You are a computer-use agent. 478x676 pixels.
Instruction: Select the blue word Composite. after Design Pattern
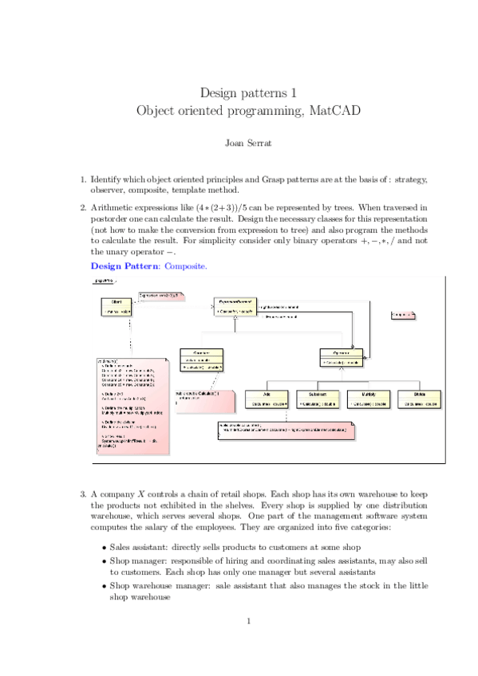pos(185,265)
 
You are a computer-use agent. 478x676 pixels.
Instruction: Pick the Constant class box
pos(201,360)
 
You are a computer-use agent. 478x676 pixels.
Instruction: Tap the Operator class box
pos(342,357)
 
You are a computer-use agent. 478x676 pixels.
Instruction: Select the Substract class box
pos(317,399)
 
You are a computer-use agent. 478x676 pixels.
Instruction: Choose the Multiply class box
pos(368,399)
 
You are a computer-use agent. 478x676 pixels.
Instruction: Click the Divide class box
pos(420,399)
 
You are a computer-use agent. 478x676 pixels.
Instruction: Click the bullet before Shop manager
pos(105,562)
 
